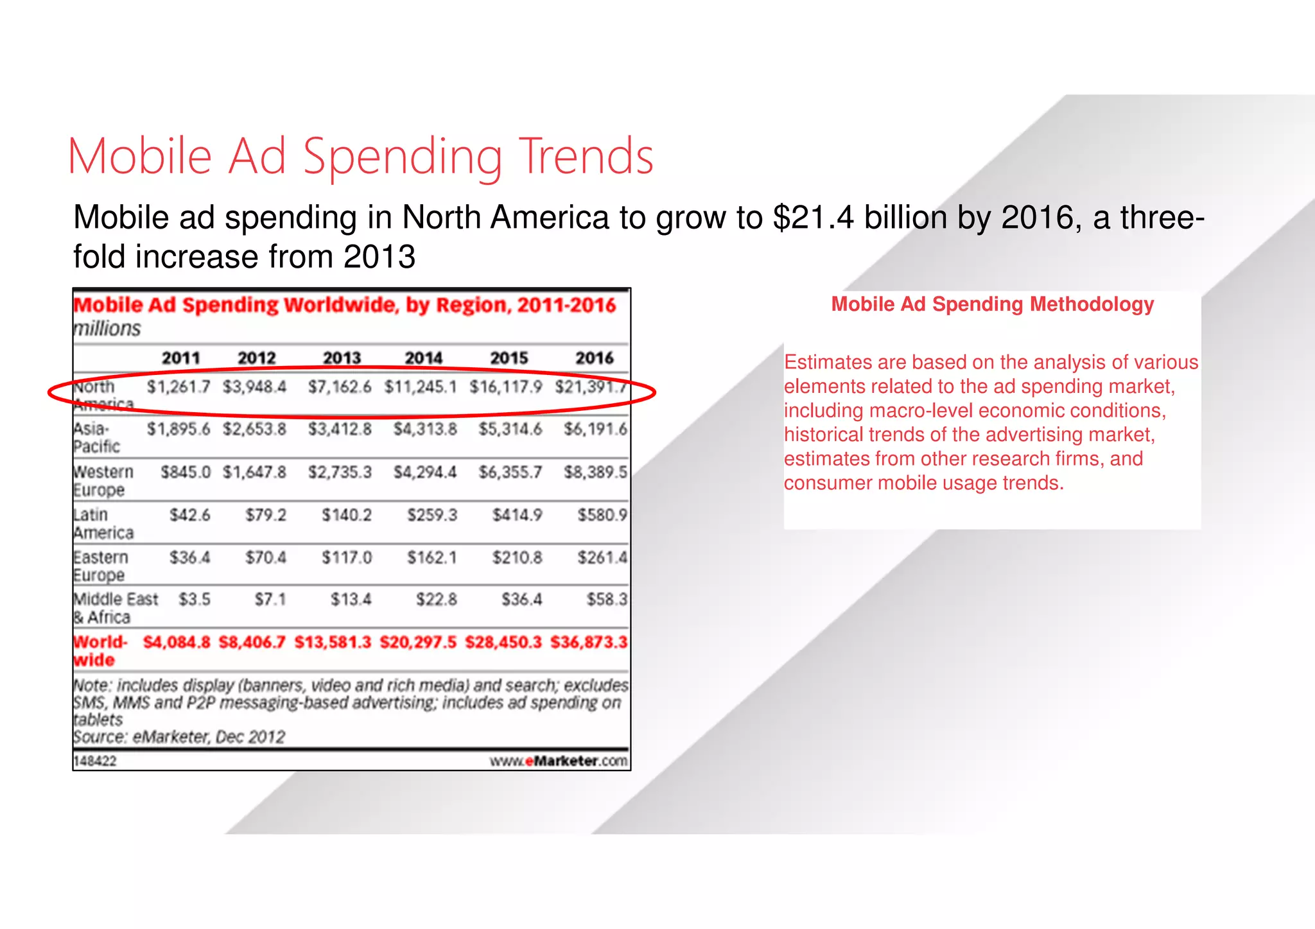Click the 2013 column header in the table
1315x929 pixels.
tap(342, 358)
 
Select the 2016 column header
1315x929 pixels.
tap(594, 358)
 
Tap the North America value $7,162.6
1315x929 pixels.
tap(339, 387)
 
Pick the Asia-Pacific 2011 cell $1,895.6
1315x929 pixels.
tap(178, 429)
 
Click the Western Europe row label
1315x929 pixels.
tap(103, 481)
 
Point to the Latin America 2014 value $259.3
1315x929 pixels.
tap(431, 515)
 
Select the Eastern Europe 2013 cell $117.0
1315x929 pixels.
tap(346, 557)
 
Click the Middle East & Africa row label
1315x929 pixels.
tap(115, 608)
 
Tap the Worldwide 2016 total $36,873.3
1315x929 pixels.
tap(588, 642)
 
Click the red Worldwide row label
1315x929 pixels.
tap(100, 650)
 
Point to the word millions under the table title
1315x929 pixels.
tap(107, 329)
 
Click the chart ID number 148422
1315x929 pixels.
tap(95, 761)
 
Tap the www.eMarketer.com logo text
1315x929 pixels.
tap(558, 761)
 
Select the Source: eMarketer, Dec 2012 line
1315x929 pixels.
tap(179, 736)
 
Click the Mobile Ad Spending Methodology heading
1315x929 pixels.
tap(992, 304)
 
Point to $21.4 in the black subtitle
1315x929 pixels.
tap(814, 217)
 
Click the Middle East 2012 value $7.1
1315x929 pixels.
tap(270, 600)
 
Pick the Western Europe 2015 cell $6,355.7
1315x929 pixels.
tap(510, 473)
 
